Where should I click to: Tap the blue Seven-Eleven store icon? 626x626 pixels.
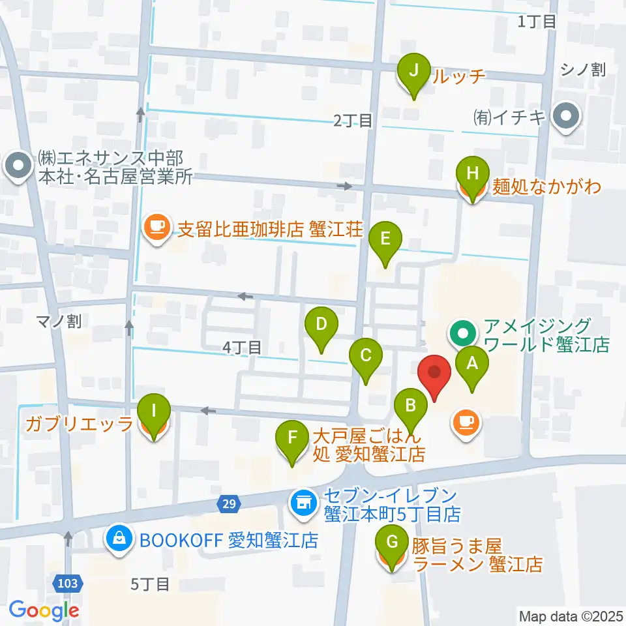(301, 502)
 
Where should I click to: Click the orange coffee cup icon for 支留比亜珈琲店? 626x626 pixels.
(156, 227)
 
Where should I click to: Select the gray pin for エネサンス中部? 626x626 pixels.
(18, 166)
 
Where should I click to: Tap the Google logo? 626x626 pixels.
(44, 610)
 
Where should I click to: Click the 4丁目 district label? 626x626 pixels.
(241, 348)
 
